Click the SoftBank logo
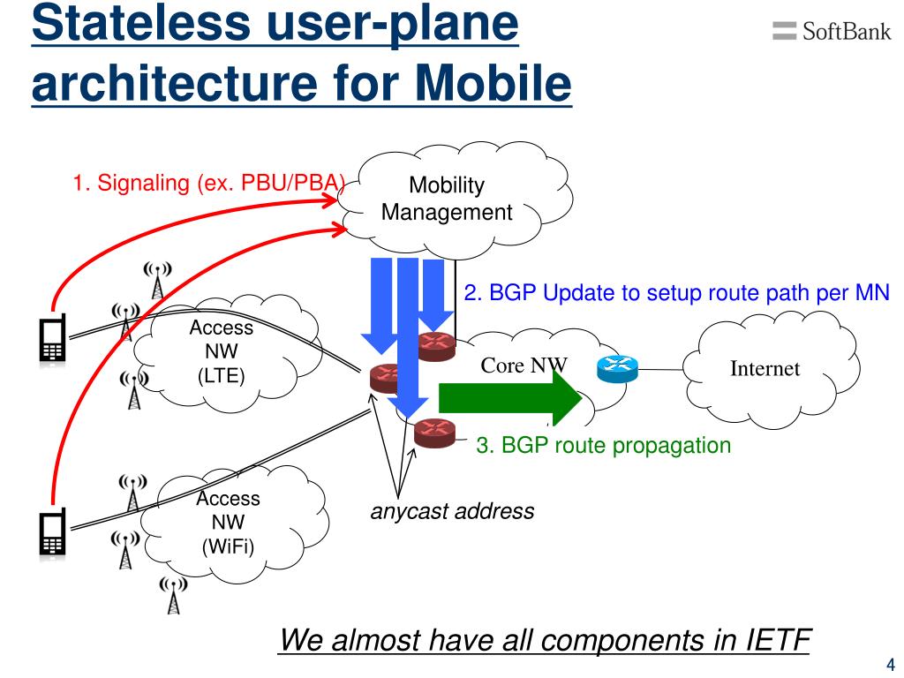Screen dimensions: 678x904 tap(831, 32)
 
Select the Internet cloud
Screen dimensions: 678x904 tap(765, 369)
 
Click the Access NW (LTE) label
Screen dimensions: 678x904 tap(221, 352)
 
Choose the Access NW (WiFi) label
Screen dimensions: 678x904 tap(228, 522)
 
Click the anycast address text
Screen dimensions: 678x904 tap(452, 511)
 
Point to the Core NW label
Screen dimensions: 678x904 tap(524, 365)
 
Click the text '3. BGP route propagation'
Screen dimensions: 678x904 tap(604, 446)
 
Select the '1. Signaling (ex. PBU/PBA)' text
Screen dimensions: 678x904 tap(208, 184)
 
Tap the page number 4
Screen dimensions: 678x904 tap(890, 664)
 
